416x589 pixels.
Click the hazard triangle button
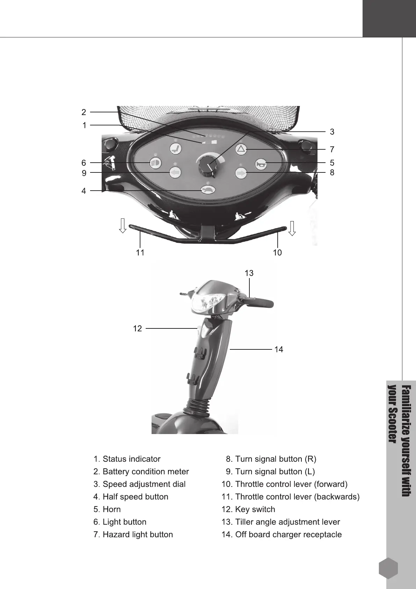click(241, 149)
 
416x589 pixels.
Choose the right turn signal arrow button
click(241, 173)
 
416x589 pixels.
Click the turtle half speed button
click(208, 190)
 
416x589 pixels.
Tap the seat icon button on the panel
click(175, 149)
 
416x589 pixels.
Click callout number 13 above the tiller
click(249, 273)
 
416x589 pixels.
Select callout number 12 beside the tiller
click(138, 328)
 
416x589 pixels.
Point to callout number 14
click(279, 349)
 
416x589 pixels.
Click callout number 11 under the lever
click(140, 253)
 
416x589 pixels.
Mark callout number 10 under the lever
click(277, 253)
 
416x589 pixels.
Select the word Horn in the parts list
click(111, 509)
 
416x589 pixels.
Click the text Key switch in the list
click(255, 509)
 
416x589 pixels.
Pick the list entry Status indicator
click(131, 459)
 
